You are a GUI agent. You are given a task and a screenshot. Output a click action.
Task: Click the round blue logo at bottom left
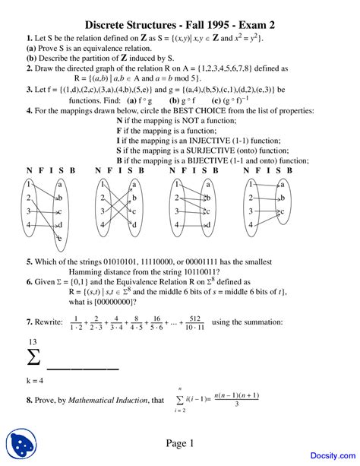[24, 445]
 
